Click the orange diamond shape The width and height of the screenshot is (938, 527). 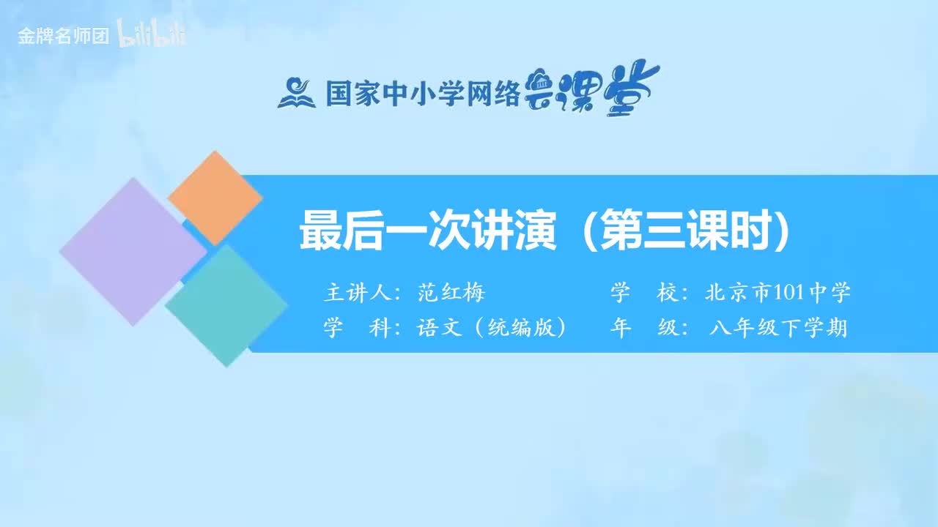pyautogui.click(x=215, y=198)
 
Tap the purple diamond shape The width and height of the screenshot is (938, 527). pyautogui.click(x=133, y=251)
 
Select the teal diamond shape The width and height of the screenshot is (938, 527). pyautogui.click(x=226, y=304)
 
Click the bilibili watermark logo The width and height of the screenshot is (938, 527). pyautogui.click(x=152, y=37)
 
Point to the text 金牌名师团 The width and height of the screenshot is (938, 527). pyautogui.click(x=63, y=37)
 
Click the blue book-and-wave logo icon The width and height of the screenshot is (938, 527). pyautogui.click(x=296, y=93)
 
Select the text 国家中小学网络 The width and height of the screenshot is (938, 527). pyautogui.click(x=422, y=93)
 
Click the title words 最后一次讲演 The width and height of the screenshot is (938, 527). pyautogui.click(x=427, y=232)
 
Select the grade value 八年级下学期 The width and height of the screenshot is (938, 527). pyautogui.click(x=778, y=328)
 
